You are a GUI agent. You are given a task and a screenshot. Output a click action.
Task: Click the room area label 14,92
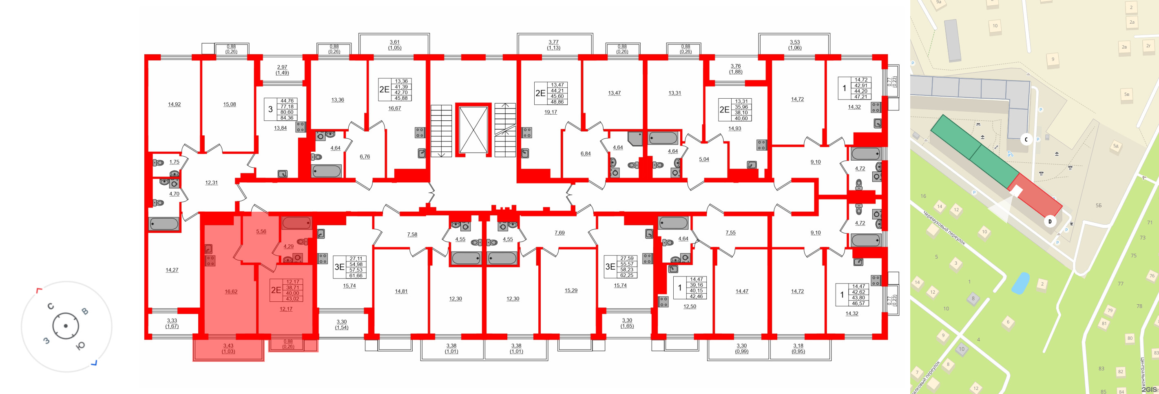click(174, 104)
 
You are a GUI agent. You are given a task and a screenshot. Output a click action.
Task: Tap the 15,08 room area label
click(230, 104)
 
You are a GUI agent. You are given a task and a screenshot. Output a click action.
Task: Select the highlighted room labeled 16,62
click(231, 292)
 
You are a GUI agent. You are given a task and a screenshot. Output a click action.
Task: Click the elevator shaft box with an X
click(473, 130)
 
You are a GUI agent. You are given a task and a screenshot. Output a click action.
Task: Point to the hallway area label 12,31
click(212, 183)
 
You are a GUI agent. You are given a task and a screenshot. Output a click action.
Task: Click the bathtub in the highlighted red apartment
click(296, 223)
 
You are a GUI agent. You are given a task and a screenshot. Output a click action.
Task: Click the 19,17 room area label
click(550, 112)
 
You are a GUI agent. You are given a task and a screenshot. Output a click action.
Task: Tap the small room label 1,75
click(174, 162)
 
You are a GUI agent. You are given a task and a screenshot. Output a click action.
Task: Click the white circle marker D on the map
click(1050, 221)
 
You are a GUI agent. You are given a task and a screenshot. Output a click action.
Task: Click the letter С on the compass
click(51, 306)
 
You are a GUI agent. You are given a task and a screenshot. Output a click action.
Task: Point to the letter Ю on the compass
click(80, 346)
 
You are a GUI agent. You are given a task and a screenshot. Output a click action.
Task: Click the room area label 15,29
click(571, 290)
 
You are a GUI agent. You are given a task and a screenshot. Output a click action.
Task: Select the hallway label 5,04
click(704, 159)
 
